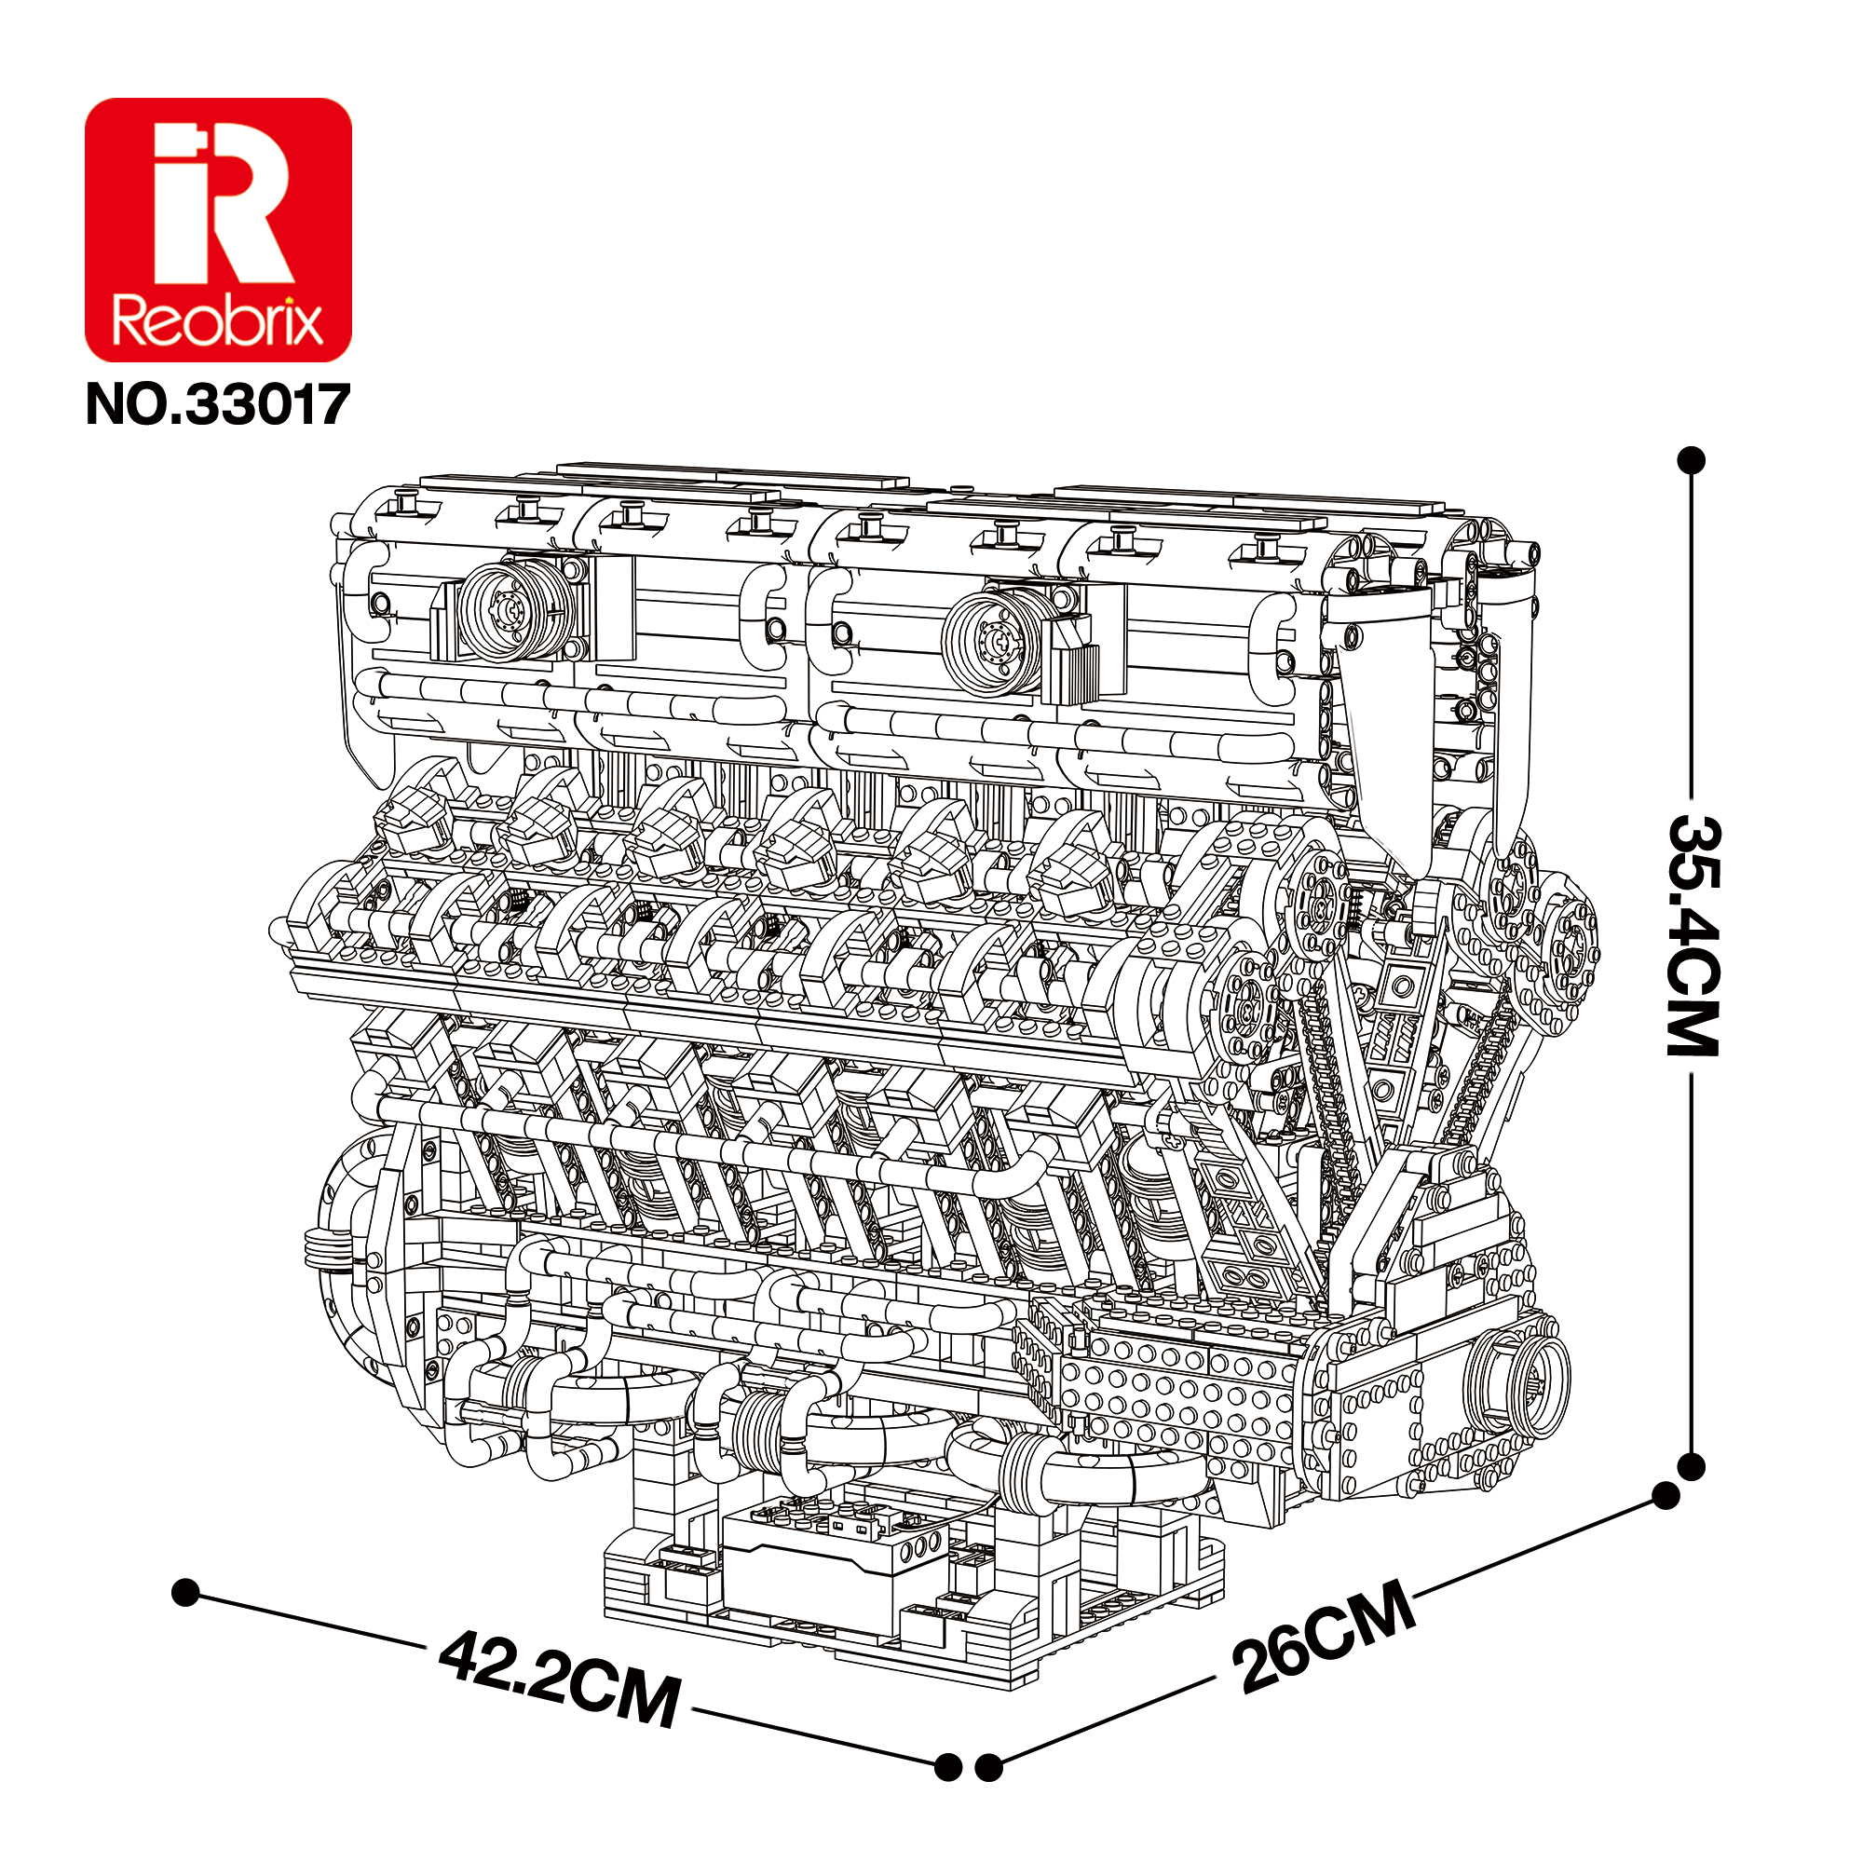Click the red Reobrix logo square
218,229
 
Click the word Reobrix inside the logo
218,321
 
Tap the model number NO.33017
217,404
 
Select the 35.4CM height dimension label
1693,935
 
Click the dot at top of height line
1692,460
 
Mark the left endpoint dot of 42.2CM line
185,1592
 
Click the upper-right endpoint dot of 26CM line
1666,1496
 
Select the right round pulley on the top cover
993,641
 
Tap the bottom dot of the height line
1692,1468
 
